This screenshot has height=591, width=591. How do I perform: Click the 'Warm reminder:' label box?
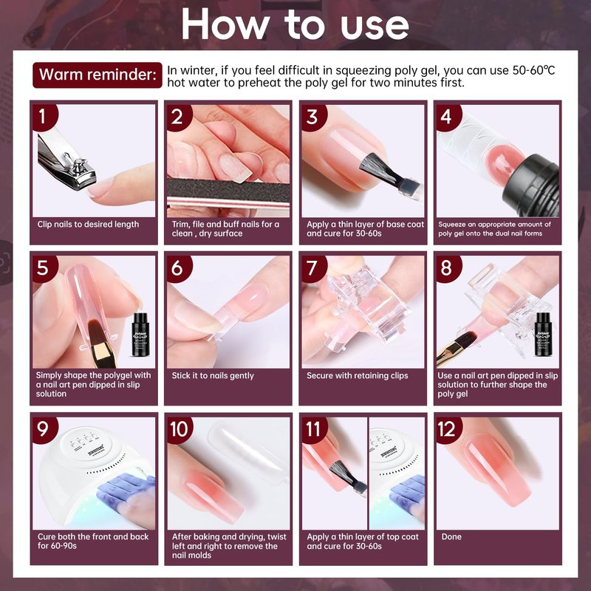coord(98,75)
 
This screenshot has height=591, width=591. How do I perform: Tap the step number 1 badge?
coord(44,117)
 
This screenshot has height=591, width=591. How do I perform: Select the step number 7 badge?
coord(313,268)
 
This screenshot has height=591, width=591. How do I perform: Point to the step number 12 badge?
coord(448,430)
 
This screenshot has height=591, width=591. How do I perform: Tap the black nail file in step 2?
coord(228,192)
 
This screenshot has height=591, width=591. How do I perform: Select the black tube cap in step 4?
coord(531,188)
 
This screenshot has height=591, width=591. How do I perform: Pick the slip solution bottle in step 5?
coord(141,335)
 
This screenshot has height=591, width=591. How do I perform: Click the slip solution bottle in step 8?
coord(543,334)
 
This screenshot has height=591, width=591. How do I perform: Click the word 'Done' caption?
coord(451,537)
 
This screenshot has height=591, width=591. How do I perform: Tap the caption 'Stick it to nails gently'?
coord(213,376)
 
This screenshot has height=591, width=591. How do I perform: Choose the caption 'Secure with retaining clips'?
coord(358,376)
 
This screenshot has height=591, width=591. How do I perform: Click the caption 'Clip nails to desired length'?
coord(88,225)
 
